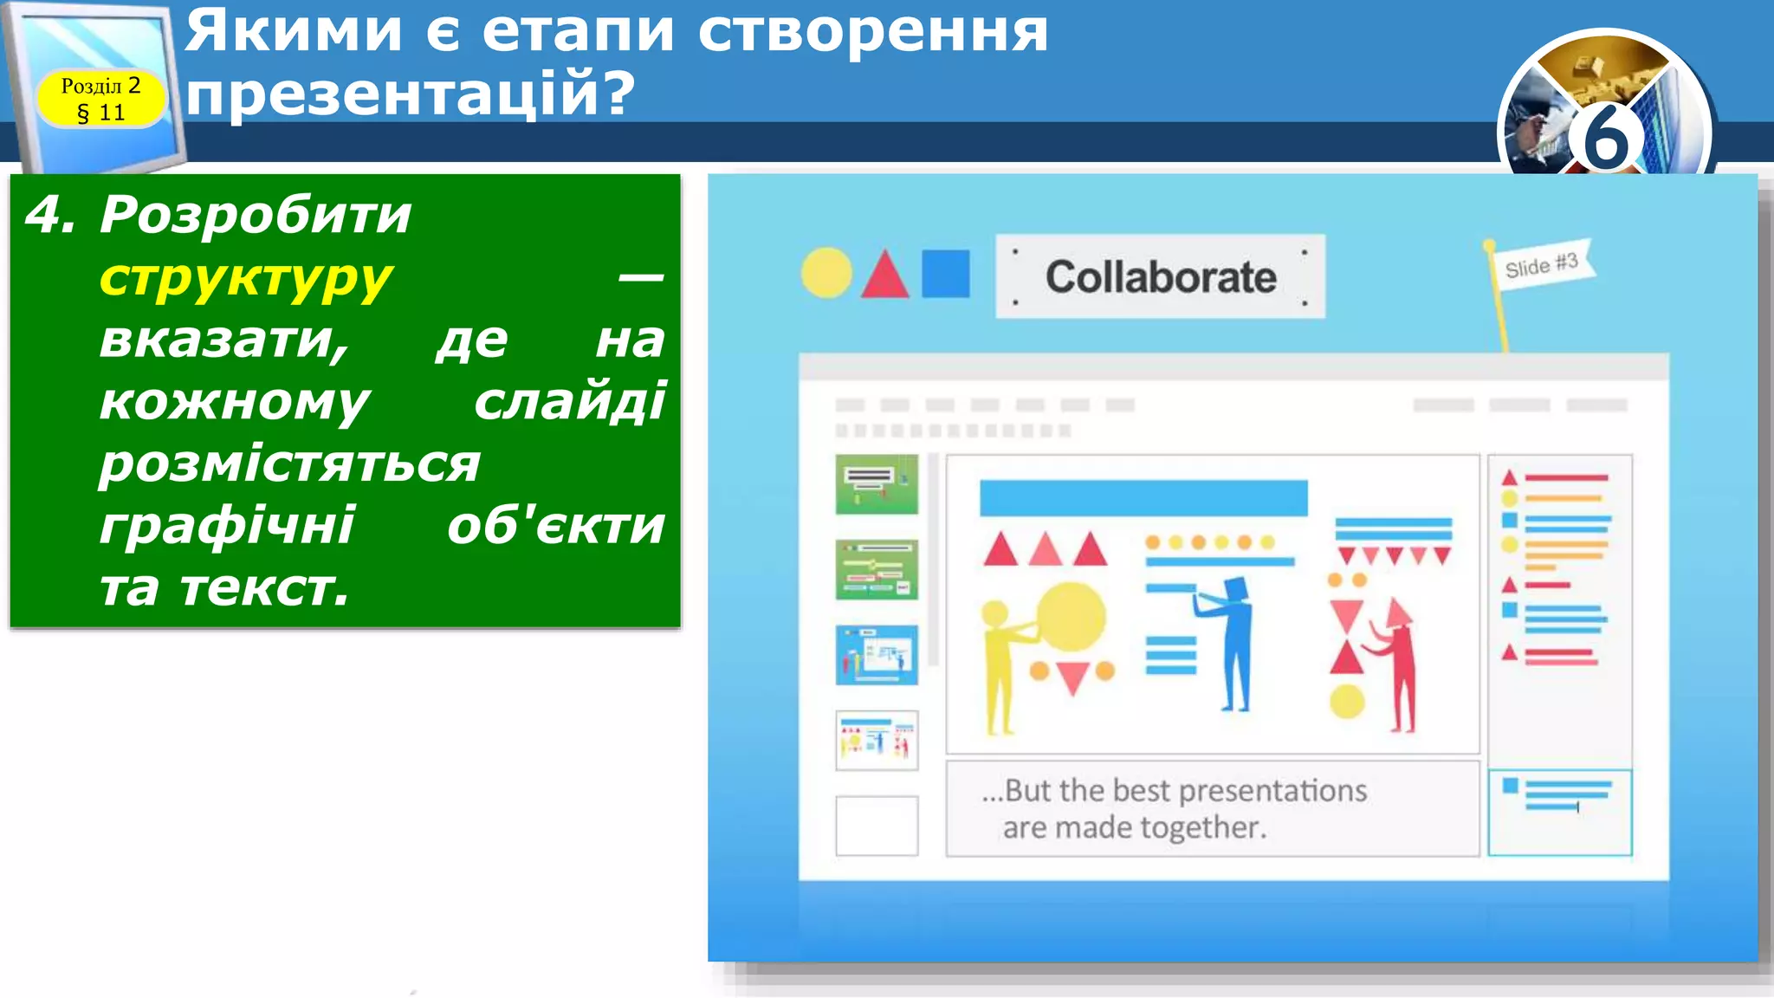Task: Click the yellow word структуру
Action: coord(246,279)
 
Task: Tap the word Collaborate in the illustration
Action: coord(1161,277)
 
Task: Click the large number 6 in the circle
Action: coord(1605,136)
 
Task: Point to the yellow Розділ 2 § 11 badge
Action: coord(100,98)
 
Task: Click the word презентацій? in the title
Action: coord(411,94)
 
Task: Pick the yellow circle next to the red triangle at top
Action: coord(826,273)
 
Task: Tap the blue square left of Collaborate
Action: coord(945,274)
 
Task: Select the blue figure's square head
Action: coord(1235,590)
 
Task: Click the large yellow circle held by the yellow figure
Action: coord(1072,617)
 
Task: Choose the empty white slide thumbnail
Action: coord(877,826)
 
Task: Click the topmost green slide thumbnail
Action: coord(877,484)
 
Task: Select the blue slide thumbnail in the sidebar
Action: coord(877,655)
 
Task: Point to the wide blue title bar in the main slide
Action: coord(1143,498)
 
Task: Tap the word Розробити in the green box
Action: coord(256,215)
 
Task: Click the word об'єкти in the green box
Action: coord(556,526)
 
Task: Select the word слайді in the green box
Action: coord(570,402)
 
